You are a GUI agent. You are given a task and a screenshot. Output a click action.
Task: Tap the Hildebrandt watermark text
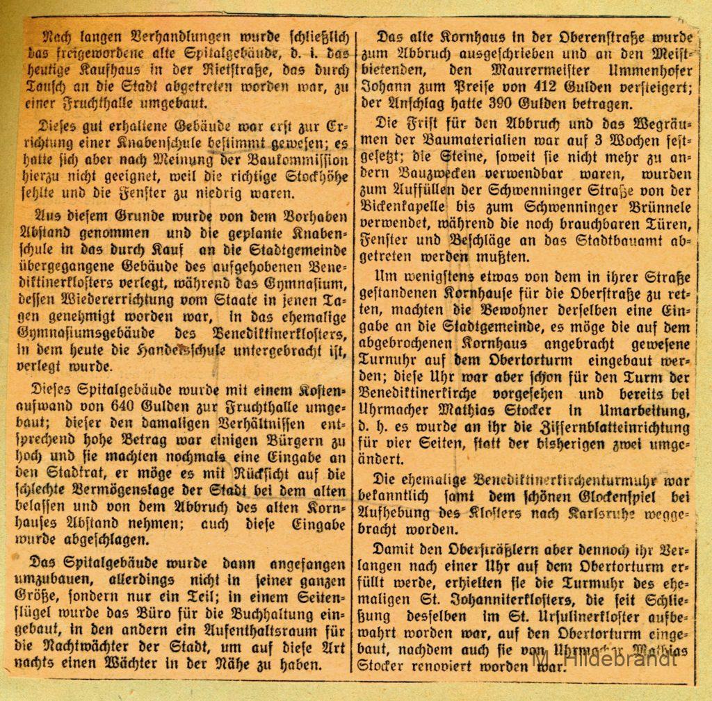click(x=604, y=659)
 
